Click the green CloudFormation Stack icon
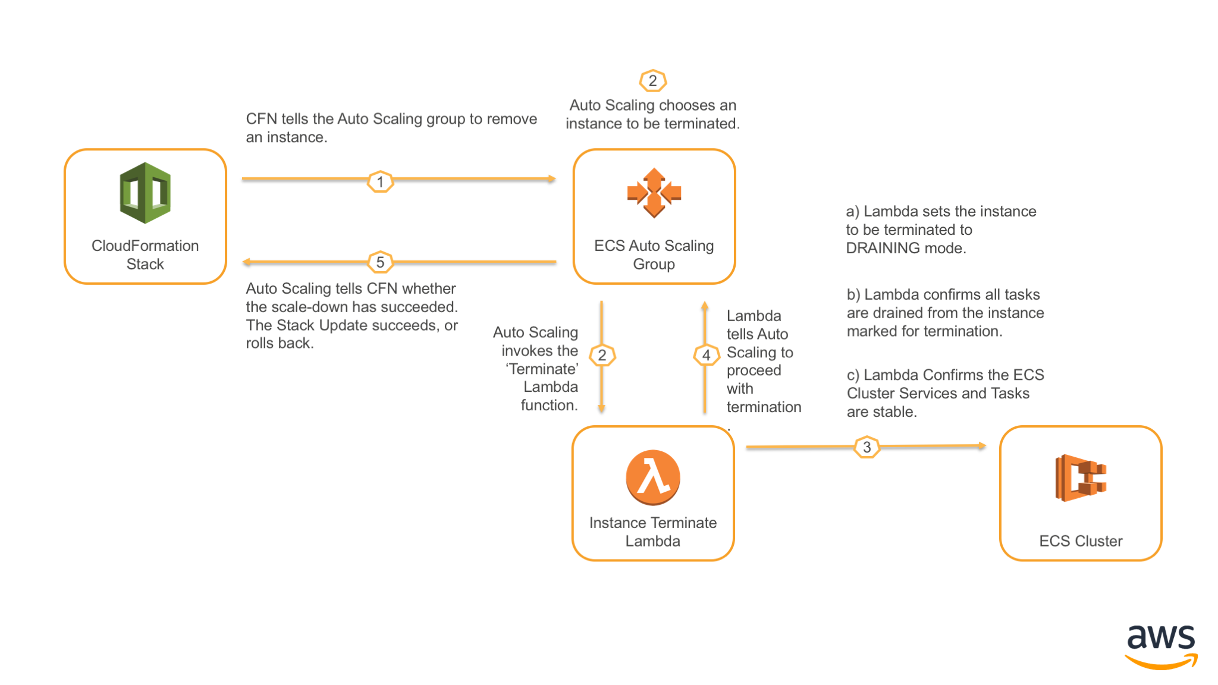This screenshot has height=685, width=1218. [145, 193]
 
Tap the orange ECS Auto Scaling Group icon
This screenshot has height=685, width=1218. [654, 193]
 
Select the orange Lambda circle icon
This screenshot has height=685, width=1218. [653, 477]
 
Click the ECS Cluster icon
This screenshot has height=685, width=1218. [1081, 477]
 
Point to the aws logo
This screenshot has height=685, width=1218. [1161, 646]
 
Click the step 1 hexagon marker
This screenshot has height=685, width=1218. [380, 181]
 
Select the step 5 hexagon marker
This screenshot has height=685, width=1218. [380, 262]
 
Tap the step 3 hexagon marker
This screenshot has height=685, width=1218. [867, 447]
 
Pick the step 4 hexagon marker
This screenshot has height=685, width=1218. [706, 355]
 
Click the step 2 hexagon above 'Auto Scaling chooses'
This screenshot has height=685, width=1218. [652, 80]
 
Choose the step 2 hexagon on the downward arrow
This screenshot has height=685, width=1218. [602, 355]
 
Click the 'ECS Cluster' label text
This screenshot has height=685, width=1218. [1081, 541]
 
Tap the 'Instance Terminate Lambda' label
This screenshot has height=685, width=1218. [653, 532]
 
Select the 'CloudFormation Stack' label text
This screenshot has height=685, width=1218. [145, 254]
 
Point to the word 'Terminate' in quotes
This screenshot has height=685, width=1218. [542, 369]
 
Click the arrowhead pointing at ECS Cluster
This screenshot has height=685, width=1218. [982, 445]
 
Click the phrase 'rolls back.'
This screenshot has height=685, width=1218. [280, 343]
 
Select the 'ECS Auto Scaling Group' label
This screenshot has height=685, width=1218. [654, 254]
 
